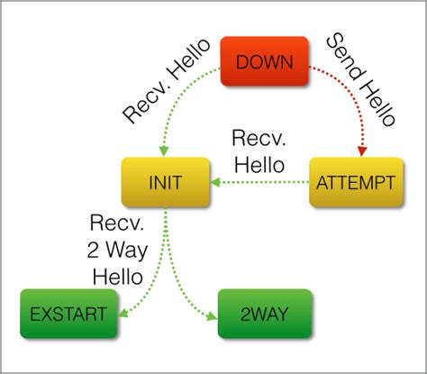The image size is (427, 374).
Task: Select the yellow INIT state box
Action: tap(166, 182)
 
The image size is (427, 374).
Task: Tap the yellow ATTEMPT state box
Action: tap(354, 182)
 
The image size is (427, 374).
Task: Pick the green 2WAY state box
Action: tap(263, 314)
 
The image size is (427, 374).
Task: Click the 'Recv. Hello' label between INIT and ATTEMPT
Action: tap(260, 152)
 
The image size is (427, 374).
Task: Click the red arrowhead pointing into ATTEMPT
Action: tap(363, 151)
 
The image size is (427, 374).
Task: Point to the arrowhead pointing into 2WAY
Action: tap(213, 315)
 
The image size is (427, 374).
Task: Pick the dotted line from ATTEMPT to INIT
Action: tap(266, 182)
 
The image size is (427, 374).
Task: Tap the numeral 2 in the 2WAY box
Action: tap(243, 314)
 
